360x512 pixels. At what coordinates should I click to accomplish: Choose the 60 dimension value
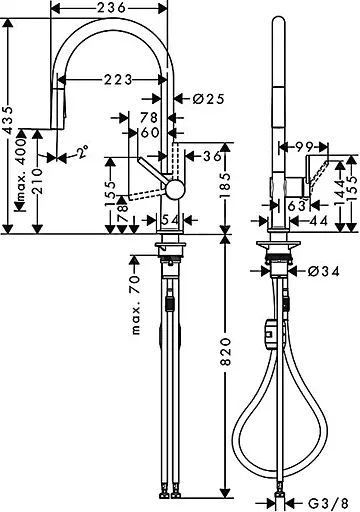click(150, 133)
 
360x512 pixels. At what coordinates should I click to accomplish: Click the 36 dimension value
click(211, 155)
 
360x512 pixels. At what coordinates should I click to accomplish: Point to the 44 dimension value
click(320, 219)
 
